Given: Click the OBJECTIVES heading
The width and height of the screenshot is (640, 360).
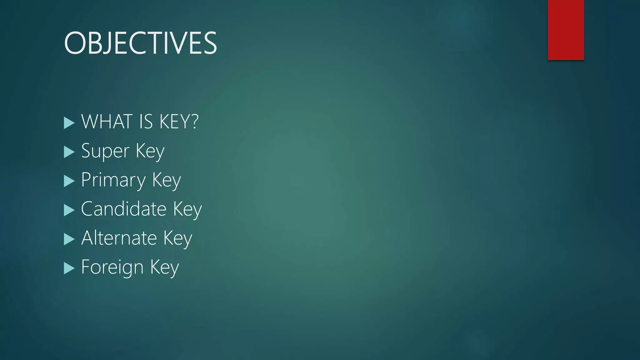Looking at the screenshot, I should pyautogui.click(x=140, y=43).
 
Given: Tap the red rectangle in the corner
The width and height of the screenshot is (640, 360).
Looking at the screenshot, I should pyautogui.click(x=566, y=30).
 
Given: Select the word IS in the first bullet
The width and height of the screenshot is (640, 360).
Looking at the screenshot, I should pyautogui.click(x=146, y=122).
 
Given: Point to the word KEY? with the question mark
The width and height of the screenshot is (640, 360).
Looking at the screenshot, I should pyautogui.click(x=179, y=122).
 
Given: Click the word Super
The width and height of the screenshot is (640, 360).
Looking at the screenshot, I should pyautogui.click(x=105, y=152).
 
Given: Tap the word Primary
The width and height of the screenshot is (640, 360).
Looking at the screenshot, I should pyautogui.click(x=113, y=180).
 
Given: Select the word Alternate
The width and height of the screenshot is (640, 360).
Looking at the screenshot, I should pyautogui.click(x=119, y=238).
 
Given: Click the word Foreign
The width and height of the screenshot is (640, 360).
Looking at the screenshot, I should pyautogui.click(x=112, y=267).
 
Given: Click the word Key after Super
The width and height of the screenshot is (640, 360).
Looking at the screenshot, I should pyautogui.click(x=150, y=152).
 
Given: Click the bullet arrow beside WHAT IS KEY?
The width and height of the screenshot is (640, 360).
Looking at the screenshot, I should pyautogui.click(x=69, y=123).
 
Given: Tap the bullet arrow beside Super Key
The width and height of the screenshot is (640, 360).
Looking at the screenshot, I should pyautogui.click(x=69, y=152).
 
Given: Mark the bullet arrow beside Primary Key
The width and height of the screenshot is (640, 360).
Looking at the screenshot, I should pyautogui.click(x=69, y=181).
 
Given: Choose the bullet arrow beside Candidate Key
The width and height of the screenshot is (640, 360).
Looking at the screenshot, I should pyautogui.click(x=69, y=210).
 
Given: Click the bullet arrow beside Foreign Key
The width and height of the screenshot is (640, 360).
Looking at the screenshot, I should pyautogui.click(x=69, y=268).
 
